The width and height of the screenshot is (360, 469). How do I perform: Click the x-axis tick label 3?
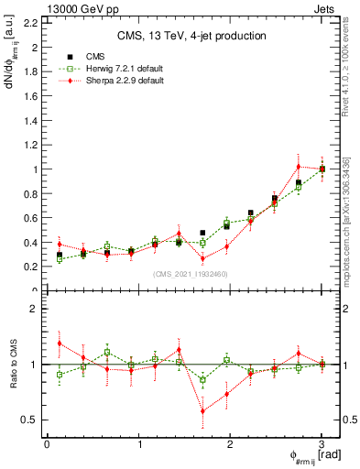coord(322,444)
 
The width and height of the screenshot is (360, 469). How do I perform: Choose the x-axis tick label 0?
coord(47,444)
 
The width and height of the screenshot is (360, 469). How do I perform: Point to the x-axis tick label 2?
coord(230,444)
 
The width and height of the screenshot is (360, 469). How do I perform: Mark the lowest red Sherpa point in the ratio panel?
coord(203,411)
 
